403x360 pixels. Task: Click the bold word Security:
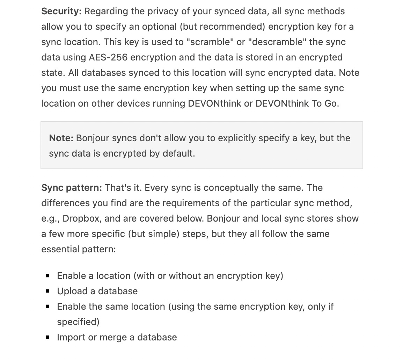click(61, 11)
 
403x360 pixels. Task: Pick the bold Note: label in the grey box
click(61, 138)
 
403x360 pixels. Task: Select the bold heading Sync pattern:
click(72, 188)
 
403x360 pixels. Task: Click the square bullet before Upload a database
click(47, 291)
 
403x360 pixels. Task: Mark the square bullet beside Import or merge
click(47, 337)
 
